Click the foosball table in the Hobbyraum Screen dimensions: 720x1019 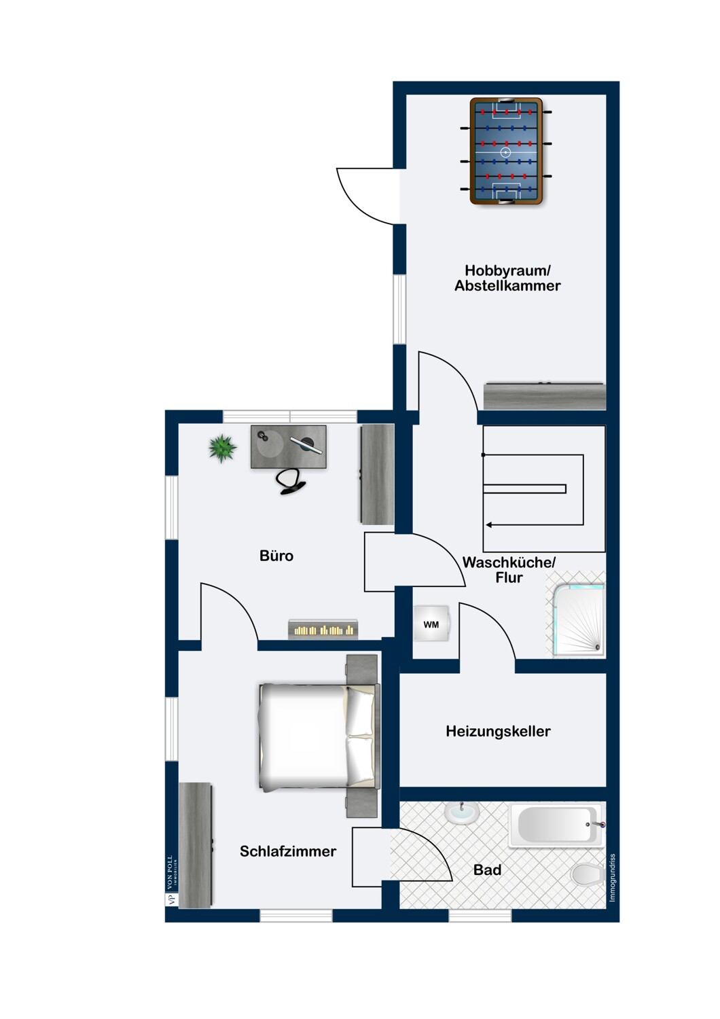(506, 151)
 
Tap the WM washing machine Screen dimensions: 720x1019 (431, 624)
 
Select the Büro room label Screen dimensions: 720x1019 (276, 556)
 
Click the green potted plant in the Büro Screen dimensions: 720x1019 (222, 448)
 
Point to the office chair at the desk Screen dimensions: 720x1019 (291, 481)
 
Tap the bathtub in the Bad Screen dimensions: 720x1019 (557, 824)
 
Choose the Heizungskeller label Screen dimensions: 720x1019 (498, 732)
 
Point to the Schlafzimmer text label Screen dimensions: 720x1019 (288, 851)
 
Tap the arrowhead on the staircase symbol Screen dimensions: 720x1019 (489, 525)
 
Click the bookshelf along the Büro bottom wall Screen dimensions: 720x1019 (323, 630)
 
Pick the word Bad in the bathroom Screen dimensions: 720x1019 (487, 870)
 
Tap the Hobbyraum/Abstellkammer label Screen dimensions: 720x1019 (507, 278)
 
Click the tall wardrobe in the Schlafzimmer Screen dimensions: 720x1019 (195, 845)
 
